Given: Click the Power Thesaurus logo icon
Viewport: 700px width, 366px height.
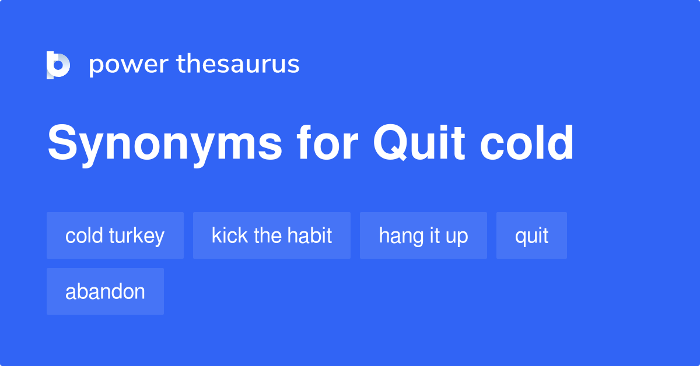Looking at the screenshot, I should (58, 65).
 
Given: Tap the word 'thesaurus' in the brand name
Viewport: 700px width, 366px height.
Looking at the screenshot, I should (238, 64).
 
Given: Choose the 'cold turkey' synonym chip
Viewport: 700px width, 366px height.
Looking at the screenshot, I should (115, 235).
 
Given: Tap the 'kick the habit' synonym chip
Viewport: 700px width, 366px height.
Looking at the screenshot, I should (271, 235).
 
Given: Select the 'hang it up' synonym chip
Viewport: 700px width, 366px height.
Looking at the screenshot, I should (423, 235).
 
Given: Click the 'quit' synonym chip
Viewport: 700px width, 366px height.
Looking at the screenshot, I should (531, 235).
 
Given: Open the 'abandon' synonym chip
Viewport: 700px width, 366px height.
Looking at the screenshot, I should (105, 291).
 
